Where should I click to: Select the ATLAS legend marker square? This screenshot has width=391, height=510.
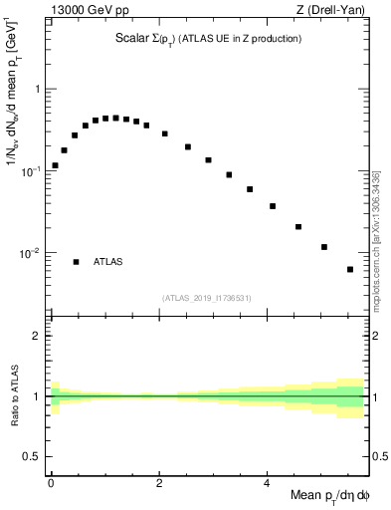77,262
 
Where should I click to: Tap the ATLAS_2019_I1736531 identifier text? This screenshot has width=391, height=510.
207,298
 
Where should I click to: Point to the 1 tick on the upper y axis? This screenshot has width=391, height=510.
38,89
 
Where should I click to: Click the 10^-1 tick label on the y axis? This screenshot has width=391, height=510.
33,170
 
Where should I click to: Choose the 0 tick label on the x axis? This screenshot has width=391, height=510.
51,484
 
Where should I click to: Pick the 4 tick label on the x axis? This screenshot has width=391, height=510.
267,484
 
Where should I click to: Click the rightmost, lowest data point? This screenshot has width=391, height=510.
350,269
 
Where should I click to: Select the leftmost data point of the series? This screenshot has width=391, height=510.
55,165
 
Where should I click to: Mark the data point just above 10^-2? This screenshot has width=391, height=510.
324,247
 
